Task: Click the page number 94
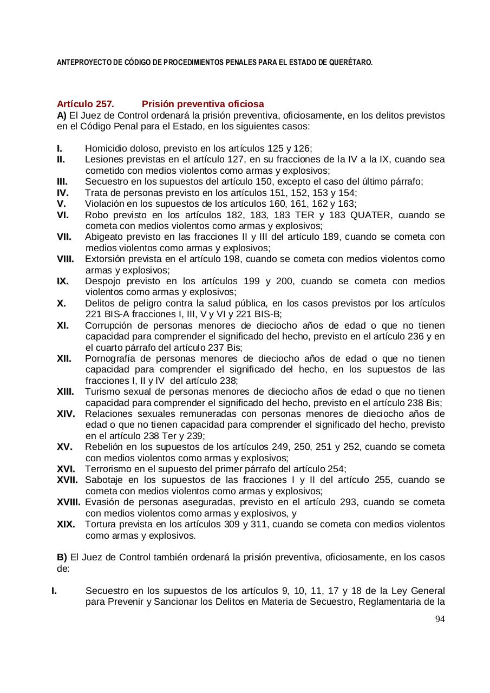440,619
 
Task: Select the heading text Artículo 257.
85,104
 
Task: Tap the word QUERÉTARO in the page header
350,63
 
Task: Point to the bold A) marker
62,115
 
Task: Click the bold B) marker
62,557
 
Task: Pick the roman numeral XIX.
66,524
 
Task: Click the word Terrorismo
108,469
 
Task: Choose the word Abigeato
104,237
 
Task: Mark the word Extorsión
105,259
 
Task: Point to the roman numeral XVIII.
69,502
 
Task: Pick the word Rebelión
103,447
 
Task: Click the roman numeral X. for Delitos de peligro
61,303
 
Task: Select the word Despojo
102,281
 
